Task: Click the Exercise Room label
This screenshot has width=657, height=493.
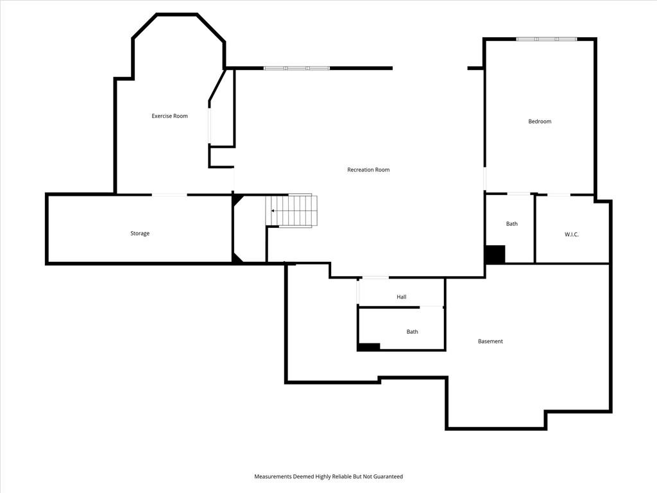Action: [169, 116]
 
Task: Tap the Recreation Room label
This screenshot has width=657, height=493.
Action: [368, 169]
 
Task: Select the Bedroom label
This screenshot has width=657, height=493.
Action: [540, 121]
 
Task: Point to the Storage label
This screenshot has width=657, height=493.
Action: [140, 234]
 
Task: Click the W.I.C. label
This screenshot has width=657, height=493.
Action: [572, 234]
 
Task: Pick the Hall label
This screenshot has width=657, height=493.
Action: [402, 297]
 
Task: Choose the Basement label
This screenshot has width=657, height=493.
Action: [490, 342]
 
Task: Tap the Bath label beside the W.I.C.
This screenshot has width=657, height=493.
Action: [511, 224]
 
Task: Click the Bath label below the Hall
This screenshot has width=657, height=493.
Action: [413, 332]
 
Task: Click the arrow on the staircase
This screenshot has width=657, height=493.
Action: [273, 211]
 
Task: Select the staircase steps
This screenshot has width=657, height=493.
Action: [291, 211]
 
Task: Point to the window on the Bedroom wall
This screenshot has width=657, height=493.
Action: [547, 39]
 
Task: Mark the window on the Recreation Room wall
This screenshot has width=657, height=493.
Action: [296, 68]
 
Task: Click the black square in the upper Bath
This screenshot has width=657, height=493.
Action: [495, 254]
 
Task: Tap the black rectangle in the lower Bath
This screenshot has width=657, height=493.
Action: [369, 347]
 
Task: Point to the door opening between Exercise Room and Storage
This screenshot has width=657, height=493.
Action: [169, 195]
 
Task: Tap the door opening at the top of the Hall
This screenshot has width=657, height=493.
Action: [375, 277]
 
